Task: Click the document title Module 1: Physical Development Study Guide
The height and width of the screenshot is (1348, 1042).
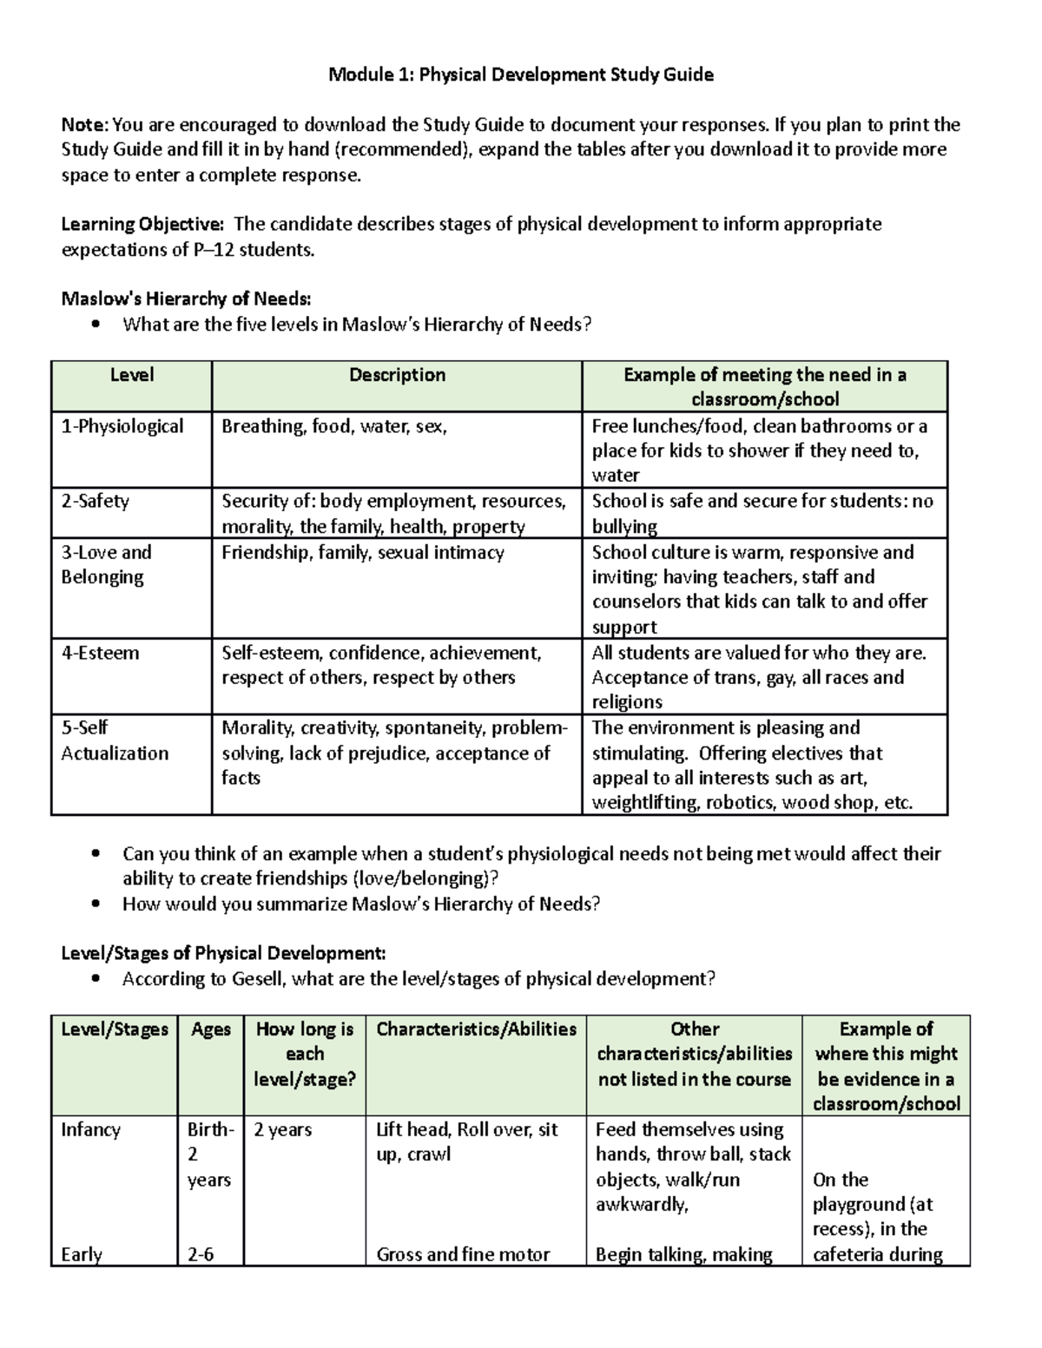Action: tap(520, 75)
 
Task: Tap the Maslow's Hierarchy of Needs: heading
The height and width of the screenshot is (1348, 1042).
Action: tap(186, 299)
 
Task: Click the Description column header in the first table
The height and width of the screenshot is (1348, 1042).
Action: tap(397, 375)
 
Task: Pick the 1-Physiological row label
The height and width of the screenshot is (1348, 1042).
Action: tap(122, 426)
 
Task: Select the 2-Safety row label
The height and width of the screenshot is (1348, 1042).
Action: tap(95, 501)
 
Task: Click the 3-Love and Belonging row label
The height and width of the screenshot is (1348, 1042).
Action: tap(106, 564)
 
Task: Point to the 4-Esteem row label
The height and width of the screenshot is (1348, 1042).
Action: tap(100, 653)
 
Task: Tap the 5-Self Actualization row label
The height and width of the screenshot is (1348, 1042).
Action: tap(114, 740)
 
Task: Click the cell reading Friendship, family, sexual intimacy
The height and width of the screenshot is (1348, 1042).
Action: tap(363, 552)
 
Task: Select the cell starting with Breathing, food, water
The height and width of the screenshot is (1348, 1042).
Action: tap(334, 426)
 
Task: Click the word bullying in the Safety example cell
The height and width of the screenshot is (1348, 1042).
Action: tap(624, 527)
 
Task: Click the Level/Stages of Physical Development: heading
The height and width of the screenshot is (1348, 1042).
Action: tap(223, 954)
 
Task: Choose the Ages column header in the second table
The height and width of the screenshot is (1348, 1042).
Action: tap(211, 1029)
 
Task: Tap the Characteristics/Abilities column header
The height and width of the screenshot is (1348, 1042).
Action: tap(476, 1029)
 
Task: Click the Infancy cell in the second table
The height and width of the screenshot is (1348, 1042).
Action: tap(90, 1130)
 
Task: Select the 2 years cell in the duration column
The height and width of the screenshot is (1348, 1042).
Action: tap(282, 1130)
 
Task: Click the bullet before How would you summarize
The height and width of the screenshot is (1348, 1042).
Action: tap(96, 904)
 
